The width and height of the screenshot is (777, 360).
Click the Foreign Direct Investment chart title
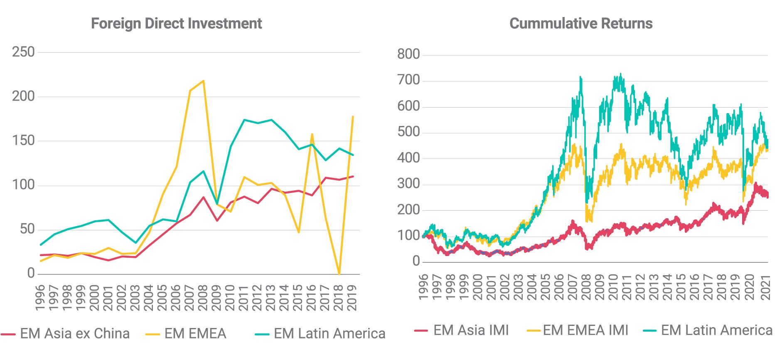pyautogui.click(x=176, y=23)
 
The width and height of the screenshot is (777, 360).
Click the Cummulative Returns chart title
pyautogui.click(x=580, y=23)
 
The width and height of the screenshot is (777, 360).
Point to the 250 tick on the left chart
pyautogui.click(x=23, y=52)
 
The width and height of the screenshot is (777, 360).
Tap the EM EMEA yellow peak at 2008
pyautogui.click(x=203, y=81)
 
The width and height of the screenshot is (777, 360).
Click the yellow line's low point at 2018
pyautogui.click(x=339, y=274)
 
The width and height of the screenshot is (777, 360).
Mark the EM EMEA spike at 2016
pyautogui.click(x=312, y=134)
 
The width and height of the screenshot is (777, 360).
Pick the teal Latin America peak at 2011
pyautogui.click(x=244, y=120)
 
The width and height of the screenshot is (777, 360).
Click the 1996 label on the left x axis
pyautogui.click(x=40, y=298)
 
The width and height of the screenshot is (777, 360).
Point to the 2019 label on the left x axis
pyautogui.click(x=352, y=298)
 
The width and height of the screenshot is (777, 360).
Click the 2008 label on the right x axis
pyautogui.click(x=586, y=287)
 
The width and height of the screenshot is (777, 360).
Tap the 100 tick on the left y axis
pyautogui.click(x=23, y=185)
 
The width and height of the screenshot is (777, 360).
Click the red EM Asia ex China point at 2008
pyautogui.click(x=203, y=197)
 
